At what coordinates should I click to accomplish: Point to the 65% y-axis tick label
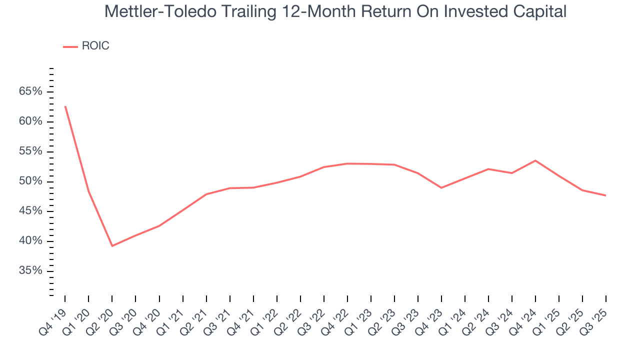coord(30,91)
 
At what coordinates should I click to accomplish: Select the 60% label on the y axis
coord(30,121)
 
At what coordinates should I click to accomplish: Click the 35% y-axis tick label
coord(30,271)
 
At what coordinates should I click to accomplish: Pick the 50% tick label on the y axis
coord(30,181)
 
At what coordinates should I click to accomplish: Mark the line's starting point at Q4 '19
coord(65,106)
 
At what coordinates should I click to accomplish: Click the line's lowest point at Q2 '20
coord(112,245)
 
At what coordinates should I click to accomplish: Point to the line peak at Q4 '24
coord(535,160)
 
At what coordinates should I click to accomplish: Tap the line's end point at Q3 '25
coord(606,195)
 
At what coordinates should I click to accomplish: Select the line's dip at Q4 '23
coord(441,187)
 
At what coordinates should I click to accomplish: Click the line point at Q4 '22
coord(347,163)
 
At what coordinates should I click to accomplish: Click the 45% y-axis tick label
coord(30,211)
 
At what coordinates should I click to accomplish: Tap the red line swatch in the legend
coord(70,46)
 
